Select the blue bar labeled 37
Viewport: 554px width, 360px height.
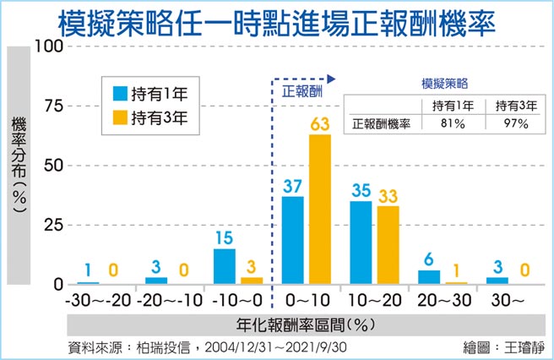292,240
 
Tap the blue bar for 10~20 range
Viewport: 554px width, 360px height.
361,243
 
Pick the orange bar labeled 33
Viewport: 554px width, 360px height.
388,245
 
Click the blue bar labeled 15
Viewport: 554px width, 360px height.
225,266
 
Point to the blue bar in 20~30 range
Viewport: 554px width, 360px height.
429,277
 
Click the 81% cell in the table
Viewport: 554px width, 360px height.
448,123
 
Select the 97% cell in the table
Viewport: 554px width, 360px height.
512,123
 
